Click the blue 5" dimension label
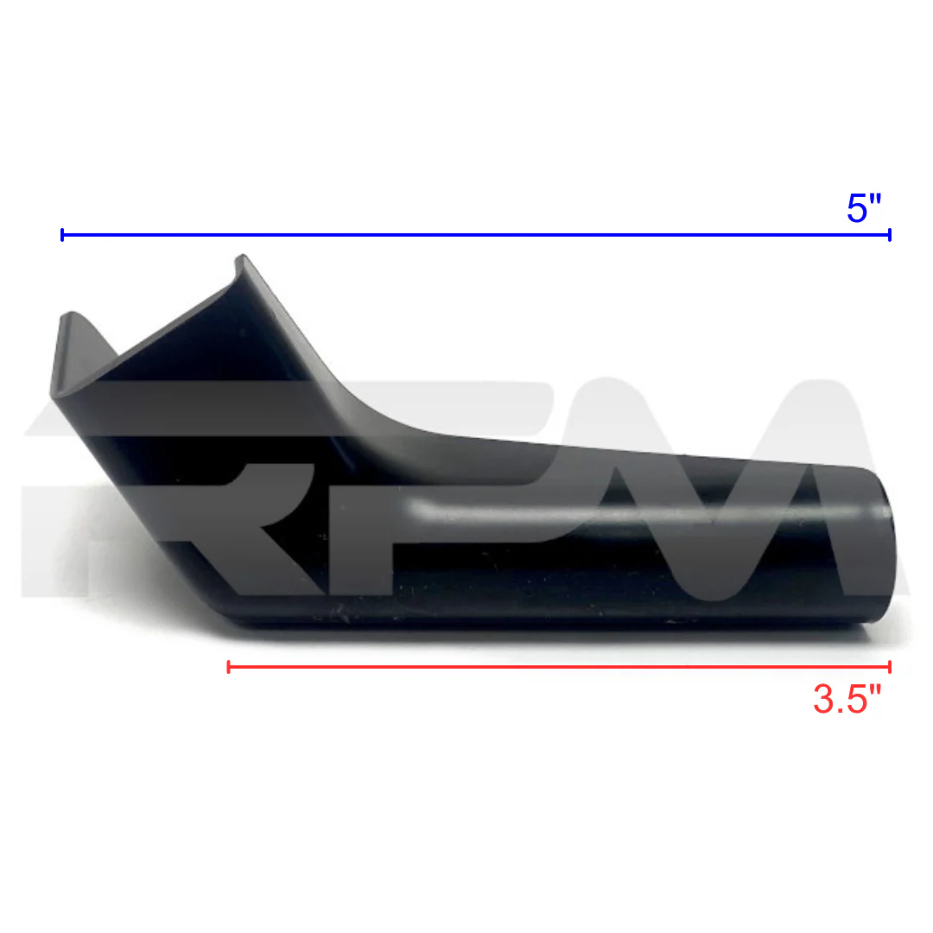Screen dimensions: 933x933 (x=863, y=208)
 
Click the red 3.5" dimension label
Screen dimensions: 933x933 (x=847, y=699)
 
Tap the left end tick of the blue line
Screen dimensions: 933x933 (x=62, y=235)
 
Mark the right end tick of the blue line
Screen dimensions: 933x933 (x=890, y=235)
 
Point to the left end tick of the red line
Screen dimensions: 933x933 (x=228, y=667)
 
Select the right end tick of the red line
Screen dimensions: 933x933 (x=890, y=667)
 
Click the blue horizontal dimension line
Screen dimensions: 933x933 (x=476, y=235)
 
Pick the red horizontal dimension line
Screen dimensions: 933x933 (x=559, y=667)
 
